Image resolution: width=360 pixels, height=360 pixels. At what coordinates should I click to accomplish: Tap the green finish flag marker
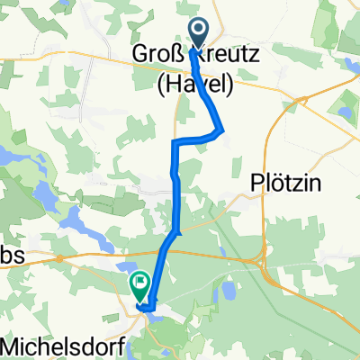pos(140,286)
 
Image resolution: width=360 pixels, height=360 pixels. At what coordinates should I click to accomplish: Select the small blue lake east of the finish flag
pos(228,290)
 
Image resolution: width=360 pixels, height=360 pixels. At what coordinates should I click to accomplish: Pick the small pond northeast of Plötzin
pos(343,113)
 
